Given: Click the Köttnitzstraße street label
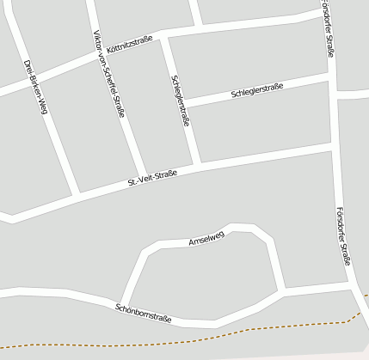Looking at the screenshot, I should click(129, 44).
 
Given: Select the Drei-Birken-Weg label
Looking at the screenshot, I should click(34, 87).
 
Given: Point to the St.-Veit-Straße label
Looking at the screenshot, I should click(152, 179).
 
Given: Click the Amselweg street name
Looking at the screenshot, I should click(206, 240).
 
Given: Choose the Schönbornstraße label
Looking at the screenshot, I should click(144, 313).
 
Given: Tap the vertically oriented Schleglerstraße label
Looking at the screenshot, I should click(181, 101).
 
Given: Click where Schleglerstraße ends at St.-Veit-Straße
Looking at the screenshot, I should click(200, 164).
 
